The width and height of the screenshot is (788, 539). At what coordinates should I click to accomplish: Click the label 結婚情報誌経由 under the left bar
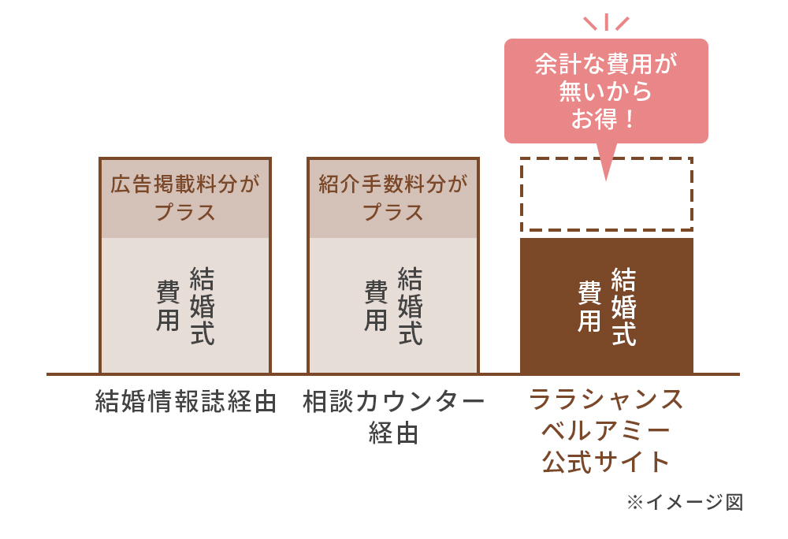tap(186, 401)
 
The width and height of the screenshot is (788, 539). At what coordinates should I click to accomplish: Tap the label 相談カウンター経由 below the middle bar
tap(393, 417)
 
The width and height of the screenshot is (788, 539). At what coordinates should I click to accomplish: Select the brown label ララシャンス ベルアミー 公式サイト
tap(606, 431)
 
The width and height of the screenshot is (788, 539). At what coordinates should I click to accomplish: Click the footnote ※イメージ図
tap(685, 502)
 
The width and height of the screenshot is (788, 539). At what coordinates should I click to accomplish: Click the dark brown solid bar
tap(607, 306)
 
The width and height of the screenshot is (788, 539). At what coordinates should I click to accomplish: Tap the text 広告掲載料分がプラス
tap(185, 198)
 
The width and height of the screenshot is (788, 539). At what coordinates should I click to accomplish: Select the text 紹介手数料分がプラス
tap(393, 198)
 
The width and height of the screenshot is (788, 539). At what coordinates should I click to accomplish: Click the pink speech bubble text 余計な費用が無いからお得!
tap(606, 91)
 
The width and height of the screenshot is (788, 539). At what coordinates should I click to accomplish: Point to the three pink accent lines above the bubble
tap(606, 22)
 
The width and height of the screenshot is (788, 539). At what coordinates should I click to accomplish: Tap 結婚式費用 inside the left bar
tap(185, 306)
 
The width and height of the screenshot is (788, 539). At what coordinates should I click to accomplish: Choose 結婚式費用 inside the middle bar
tap(393, 306)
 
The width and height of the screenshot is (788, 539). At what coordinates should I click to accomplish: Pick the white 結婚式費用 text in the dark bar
tap(607, 307)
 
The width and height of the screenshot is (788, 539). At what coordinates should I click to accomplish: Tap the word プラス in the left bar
tap(185, 212)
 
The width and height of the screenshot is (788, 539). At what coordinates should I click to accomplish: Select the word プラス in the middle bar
tap(393, 212)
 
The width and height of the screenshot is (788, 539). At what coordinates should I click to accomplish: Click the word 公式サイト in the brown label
tap(606, 462)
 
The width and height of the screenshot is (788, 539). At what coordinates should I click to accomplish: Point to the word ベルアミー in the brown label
tap(606, 431)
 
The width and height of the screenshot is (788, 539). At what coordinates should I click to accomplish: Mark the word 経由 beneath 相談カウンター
tap(393, 433)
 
